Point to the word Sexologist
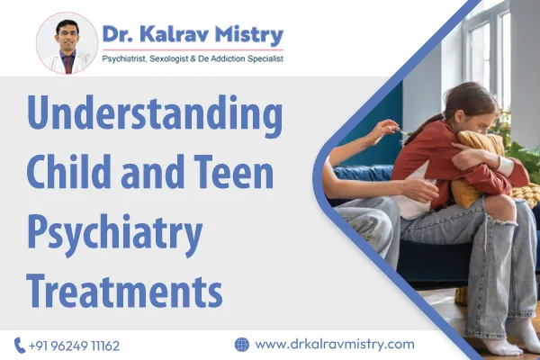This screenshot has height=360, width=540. click(200, 59)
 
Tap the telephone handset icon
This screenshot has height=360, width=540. click(20, 345)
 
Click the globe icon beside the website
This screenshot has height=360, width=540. click(241, 344)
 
